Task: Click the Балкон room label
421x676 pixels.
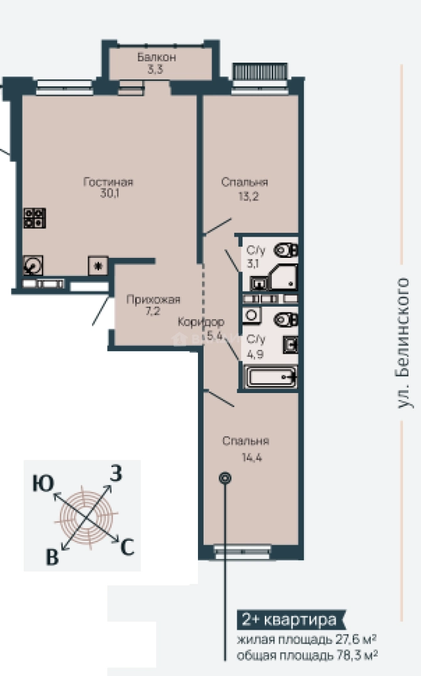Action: pos(157,57)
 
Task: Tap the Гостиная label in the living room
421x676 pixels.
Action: pos(108,182)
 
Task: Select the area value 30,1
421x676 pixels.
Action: pos(110,193)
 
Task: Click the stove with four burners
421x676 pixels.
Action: pos(34,218)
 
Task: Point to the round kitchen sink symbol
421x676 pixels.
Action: pos(33,265)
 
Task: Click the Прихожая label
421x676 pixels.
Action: pos(153,300)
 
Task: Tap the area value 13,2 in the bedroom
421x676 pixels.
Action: pos(249,197)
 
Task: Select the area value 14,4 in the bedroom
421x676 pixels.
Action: pos(252,457)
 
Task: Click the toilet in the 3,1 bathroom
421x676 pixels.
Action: pos(286,250)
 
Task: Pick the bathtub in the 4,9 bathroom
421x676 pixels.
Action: pos(271,377)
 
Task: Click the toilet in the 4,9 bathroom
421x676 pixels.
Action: pos(286,319)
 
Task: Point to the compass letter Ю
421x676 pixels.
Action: pos(43,484)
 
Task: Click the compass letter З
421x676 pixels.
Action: pos(116,473)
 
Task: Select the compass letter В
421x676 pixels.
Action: pos(52,557)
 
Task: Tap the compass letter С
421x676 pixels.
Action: pos(127,548)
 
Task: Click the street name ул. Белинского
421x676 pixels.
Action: pos(403,343)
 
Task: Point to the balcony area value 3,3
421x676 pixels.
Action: pos(155,69)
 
